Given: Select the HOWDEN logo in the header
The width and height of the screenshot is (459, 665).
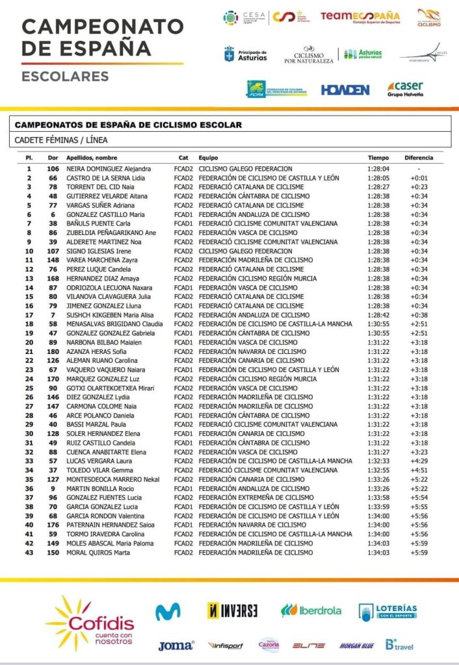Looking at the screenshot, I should pyautogui.click(x=345, y=90).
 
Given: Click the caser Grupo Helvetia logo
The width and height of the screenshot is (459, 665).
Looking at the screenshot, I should pyautogui.click(x=406, y=89).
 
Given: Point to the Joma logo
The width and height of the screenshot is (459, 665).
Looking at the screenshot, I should pyautogui.click(x=176, y=646).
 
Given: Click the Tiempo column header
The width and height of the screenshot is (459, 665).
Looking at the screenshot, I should pyautogui.click(x=378, y=158).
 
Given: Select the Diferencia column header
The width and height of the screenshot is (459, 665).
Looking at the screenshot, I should pyautogui.click(x=419, y=158).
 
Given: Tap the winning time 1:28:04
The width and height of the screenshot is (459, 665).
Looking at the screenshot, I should pyautogui.click(x=378, y=169).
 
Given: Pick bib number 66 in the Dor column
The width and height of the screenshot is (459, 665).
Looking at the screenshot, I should pyautogui.click(x=53, y=178).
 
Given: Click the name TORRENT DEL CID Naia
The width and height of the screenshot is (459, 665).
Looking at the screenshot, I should pyautogui.click(x=100, y=187).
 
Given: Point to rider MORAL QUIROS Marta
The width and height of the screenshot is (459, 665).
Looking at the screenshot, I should pyautogui.click(x=98, y=553).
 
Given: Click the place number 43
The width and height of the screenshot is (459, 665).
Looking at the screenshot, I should pyautogui.click(x=29, y=553).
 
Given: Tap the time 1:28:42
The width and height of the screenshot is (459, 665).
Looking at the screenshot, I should pyautogui.click(x=378, y=315).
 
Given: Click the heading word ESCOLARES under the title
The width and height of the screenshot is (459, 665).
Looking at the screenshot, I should pyautogui.click(x=65, y=77).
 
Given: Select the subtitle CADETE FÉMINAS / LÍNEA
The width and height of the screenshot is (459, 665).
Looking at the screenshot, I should pyautogui.click(x=61, y=140).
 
